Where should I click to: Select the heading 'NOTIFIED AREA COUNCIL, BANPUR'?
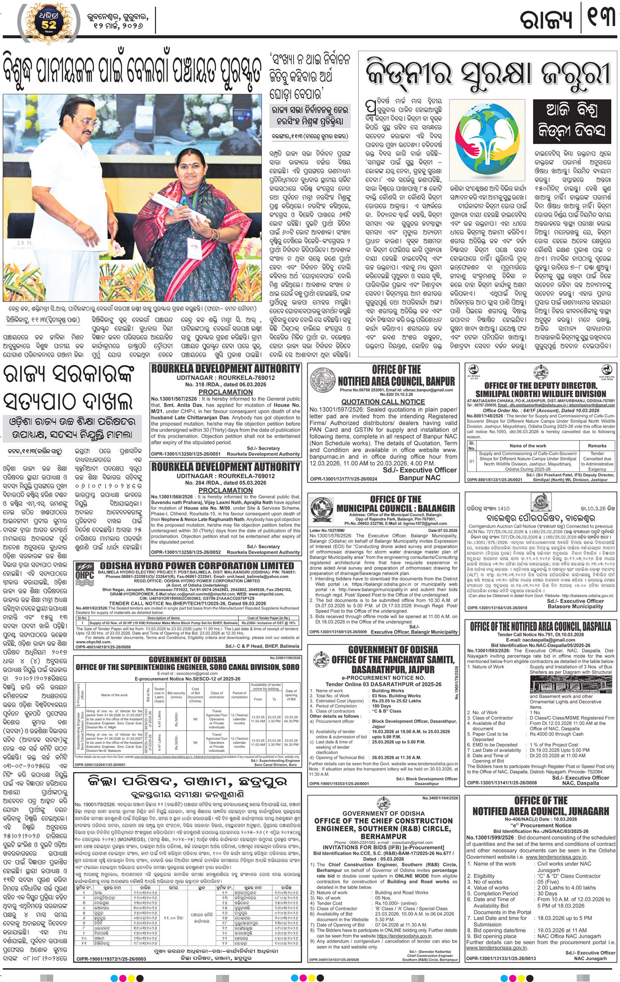point(396,381)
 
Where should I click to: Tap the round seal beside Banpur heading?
point(323,380)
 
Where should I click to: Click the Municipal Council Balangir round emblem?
point(322,510)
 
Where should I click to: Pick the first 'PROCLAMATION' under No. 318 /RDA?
point(225,392)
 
